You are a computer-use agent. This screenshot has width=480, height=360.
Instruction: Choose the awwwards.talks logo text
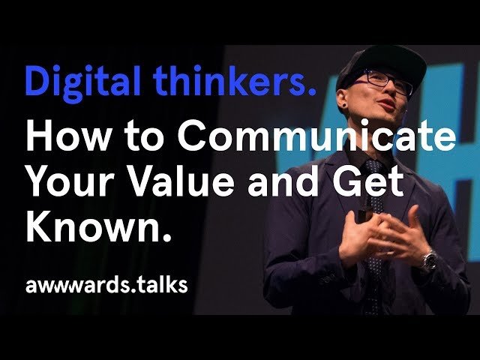(x=106, y=286)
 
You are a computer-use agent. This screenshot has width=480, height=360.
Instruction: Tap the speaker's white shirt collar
(x=358, y=155)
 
